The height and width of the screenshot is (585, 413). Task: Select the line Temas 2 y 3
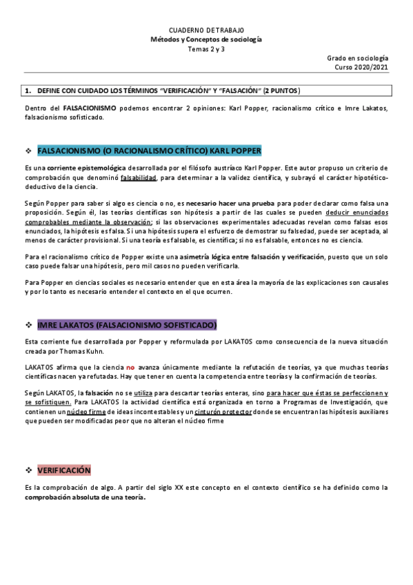click(206, 50)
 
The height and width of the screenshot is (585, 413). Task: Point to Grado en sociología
click(357, 59)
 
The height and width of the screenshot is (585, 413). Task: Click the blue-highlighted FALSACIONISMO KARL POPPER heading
click(149, 150)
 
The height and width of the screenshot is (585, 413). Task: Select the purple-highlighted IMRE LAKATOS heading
click(128, 325)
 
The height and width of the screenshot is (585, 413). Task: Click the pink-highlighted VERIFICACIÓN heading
click(64, 470)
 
